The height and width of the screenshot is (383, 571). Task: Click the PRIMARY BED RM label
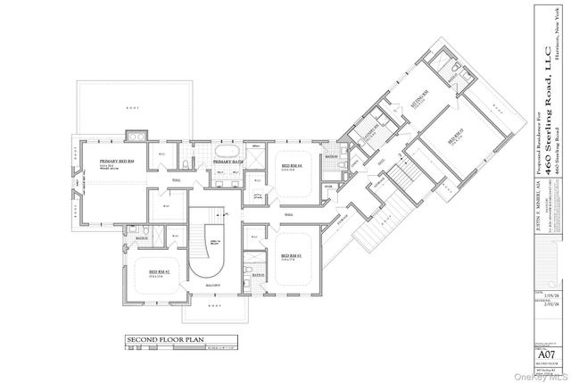coord(117,161)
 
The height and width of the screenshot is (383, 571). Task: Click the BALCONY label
coord(214,287)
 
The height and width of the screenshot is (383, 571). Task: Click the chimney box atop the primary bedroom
coord(138,137)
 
